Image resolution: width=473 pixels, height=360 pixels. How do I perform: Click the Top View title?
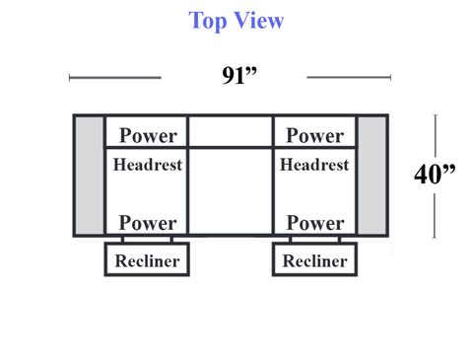point(236,21)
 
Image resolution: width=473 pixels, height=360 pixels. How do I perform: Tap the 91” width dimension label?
point(239,75)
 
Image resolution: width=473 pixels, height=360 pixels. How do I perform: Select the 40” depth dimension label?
point(435,174)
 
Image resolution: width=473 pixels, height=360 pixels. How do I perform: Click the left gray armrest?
point(89,176)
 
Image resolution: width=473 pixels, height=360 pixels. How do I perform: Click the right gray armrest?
point(372,176)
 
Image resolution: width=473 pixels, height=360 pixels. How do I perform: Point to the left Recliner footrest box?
point(147,259)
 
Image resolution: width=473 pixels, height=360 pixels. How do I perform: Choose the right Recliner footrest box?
point(314,259)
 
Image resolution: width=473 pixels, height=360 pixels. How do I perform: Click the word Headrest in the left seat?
point(148,165)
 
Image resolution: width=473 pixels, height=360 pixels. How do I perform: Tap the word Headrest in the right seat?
point(314,165)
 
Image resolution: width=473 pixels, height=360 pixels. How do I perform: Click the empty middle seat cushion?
point(231,191)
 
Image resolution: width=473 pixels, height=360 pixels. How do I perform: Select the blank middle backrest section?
point(231,131)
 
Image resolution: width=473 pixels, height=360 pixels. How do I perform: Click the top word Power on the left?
point(148,135)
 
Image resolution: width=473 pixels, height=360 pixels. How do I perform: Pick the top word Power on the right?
point(315,135)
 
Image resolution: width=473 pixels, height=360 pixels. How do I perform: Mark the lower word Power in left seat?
point(148,223)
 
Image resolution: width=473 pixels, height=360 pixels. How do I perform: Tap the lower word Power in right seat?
point(315,223)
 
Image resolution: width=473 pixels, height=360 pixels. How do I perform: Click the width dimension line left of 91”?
point(115,78)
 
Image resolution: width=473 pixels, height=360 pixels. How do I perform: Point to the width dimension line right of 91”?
point(349,78)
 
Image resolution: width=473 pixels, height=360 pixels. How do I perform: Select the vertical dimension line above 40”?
point(436,135)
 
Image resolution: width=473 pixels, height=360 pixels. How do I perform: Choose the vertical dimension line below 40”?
point(435,216)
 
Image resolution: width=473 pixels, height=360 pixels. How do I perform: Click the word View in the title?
point(259,21)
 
